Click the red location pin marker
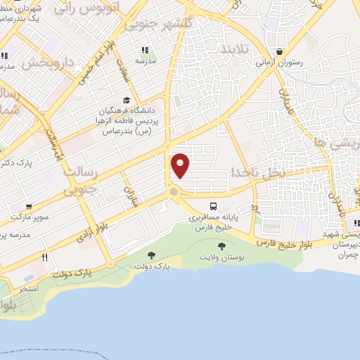pos(181,165)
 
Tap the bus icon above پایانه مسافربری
pos(213,206)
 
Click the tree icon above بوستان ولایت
pos(222,246)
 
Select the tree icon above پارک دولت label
pos(151,255)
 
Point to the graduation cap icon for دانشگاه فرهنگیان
pos(126,100)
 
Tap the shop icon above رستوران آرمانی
pos(280,51)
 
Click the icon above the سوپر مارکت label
pos(29,206)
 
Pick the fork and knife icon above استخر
pos(44,257)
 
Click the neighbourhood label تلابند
pos(236,51)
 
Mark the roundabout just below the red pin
pos(173,191)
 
